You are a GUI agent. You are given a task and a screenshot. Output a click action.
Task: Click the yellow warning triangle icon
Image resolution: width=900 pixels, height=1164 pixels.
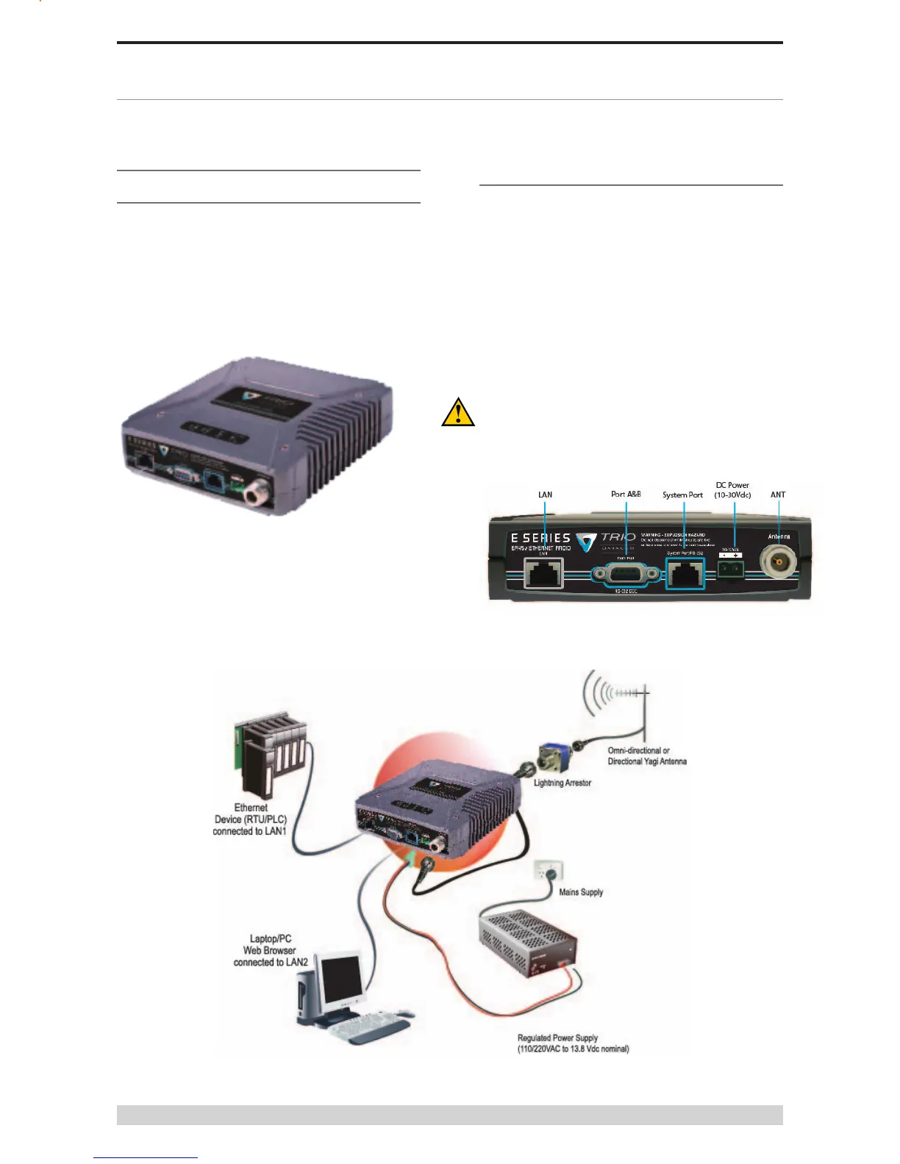[457, 412]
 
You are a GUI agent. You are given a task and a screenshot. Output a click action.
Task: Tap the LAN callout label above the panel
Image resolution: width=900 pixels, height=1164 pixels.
[545, 495]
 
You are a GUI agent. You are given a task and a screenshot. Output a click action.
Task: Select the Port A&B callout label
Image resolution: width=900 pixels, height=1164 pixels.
[626, 494]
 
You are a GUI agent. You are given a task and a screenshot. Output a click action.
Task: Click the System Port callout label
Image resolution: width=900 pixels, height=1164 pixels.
[682, 495]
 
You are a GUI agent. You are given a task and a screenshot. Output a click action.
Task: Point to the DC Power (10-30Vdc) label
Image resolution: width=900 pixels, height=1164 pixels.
[732, 490]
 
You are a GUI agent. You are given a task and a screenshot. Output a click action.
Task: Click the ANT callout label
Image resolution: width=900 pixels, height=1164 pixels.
[778, 495]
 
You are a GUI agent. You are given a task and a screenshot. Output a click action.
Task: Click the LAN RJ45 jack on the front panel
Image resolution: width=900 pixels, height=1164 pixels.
[543, 573]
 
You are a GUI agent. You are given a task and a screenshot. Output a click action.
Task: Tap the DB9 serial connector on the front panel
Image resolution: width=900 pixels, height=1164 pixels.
[626, 574]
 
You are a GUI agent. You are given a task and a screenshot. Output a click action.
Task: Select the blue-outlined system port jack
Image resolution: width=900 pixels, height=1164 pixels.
[685, 574]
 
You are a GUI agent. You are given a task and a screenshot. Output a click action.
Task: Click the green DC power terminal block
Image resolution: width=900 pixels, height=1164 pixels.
[731, 568]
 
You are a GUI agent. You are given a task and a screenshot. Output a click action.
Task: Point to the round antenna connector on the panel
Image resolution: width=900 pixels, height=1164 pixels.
[778, 564]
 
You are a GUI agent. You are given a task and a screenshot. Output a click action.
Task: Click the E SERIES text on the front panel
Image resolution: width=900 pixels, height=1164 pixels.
[540, 538]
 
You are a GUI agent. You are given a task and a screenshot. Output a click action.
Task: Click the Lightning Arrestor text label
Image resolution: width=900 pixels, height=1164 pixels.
[562, 783]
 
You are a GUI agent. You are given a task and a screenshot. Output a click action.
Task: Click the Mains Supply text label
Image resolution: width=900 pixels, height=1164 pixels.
[581, 892]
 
